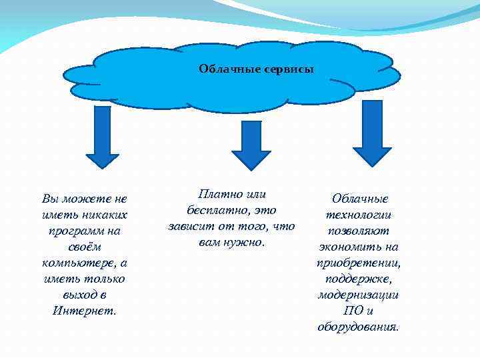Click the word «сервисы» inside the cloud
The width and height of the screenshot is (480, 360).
click(291, 69)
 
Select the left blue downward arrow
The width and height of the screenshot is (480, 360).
click(103, 137)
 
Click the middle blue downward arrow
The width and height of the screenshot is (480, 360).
click(251, 145)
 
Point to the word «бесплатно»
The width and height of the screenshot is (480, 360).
click(213, 211)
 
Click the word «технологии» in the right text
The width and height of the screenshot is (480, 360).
click(359, 215)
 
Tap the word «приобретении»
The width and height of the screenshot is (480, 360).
click(359, 263)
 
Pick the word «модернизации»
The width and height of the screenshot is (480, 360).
click(359, 295)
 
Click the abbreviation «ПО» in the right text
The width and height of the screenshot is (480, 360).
click(353, 311)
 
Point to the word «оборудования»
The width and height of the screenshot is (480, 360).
click(359, 327)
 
